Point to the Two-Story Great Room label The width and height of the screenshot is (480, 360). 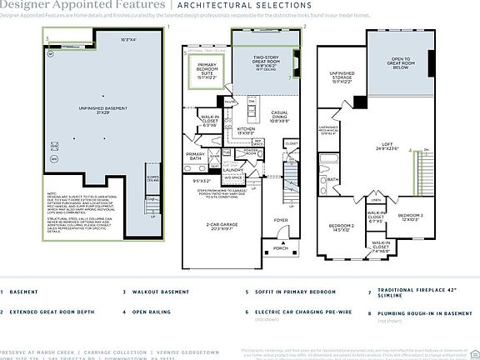[x=265, y=61]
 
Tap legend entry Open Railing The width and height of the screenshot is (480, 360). [x=152, y=312]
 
